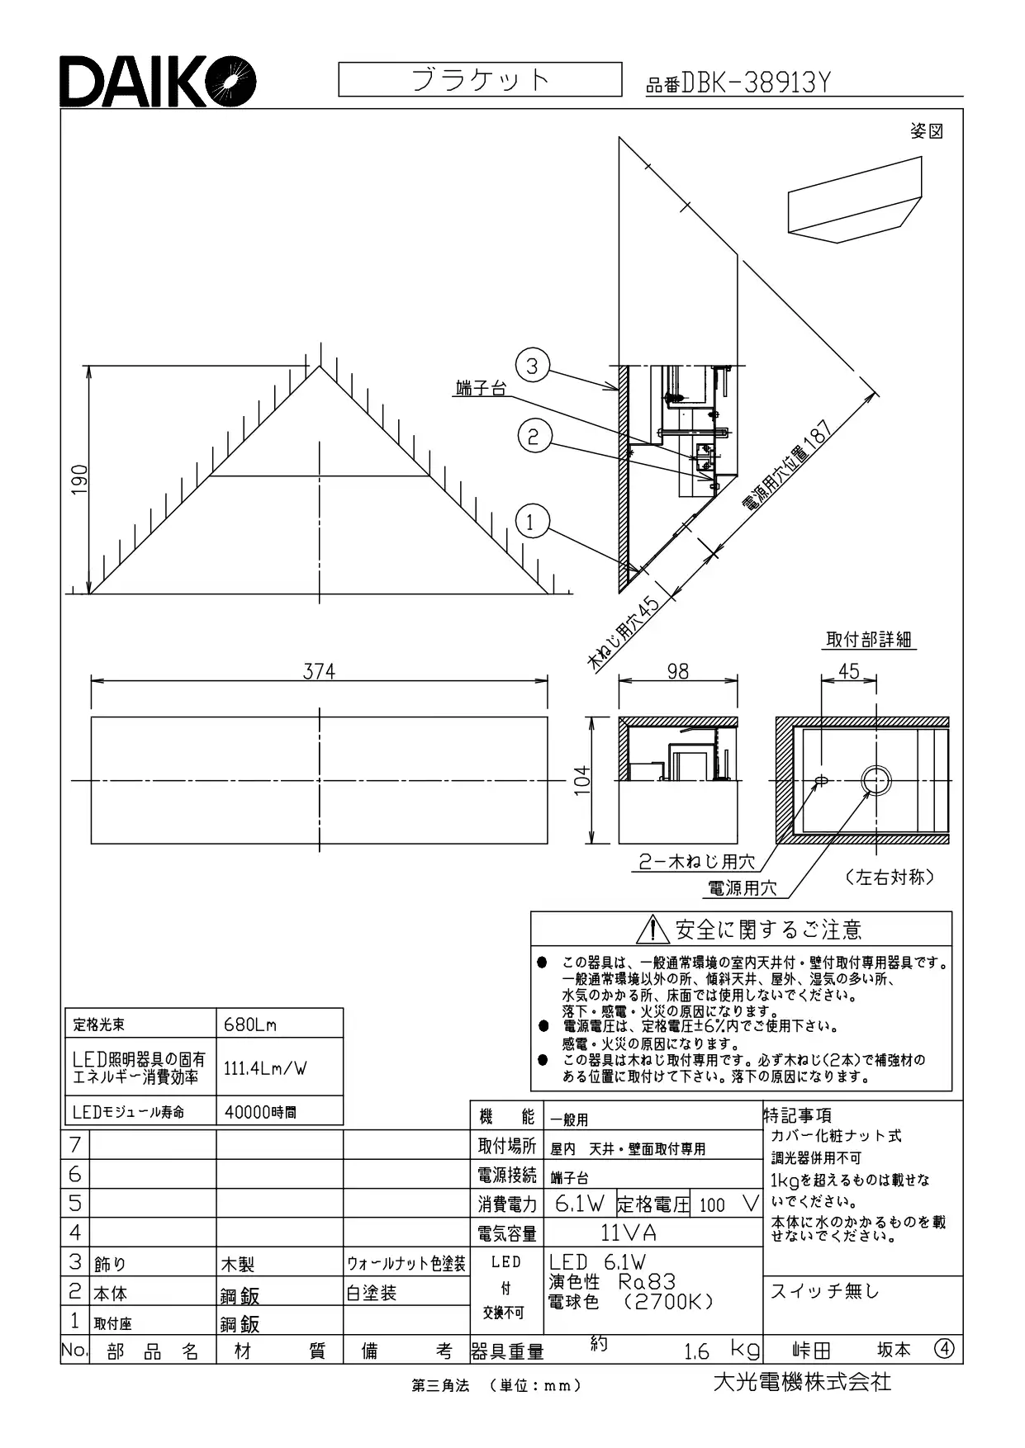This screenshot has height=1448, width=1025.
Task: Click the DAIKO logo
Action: coord(157,82)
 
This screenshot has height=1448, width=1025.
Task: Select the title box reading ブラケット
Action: coord(480,79)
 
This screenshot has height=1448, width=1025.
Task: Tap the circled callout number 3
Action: coord(533,366)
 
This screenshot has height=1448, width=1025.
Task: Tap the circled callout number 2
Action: coord(534,435)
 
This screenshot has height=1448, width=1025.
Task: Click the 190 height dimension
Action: coord(79,480)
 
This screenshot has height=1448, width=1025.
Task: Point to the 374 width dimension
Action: coord(319,672)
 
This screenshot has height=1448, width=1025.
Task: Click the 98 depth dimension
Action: coord(677,671)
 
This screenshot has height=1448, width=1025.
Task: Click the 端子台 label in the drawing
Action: coord(481,388)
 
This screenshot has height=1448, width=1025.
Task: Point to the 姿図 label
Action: coord(927,131)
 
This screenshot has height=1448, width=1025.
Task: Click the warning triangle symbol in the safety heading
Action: coord(652,930)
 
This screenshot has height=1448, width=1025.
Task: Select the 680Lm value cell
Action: coord(279,1024)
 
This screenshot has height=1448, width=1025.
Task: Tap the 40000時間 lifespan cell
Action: coord(279,1111)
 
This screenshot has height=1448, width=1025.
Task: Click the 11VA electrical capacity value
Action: coord(629,1233)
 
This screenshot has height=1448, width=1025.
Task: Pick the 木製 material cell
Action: coord(237,1263)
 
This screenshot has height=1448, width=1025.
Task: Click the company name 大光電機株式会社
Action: coord(802,1381)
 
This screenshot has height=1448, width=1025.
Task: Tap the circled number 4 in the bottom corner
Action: coord(944,1349)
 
